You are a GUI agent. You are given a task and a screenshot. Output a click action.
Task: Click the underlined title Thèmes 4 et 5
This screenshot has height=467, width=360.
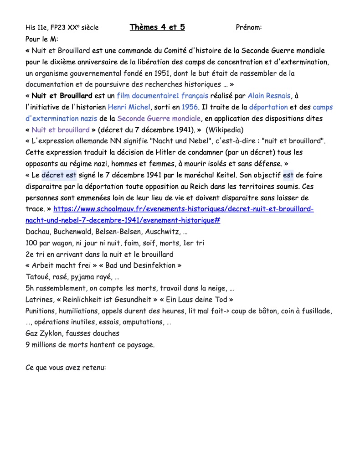click(157, 27)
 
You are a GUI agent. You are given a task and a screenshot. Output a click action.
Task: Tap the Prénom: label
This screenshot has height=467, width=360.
click(249, 28)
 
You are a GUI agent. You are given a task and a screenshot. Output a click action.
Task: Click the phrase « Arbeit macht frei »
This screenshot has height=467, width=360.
click(56, 265)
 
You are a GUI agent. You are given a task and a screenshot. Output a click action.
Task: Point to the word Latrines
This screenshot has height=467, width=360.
click(39, 300)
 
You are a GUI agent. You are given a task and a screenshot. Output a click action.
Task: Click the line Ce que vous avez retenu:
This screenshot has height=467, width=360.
click(66, 367)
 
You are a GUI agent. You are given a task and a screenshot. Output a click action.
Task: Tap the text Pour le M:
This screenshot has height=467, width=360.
click(42, 39)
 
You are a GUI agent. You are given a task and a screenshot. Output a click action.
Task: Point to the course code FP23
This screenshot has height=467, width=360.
click(60, 28)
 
